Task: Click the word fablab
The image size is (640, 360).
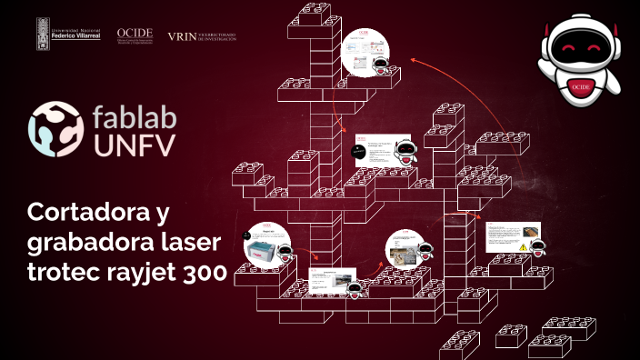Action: pyautogui.click(x=134, y=116)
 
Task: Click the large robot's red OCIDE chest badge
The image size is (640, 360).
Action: pyautogui.click(x=582, y=86)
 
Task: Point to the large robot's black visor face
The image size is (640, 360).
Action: pyautogui.click(x=582, y=45)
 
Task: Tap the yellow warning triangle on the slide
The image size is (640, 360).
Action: pyautogui.click(x=523, y=246)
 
